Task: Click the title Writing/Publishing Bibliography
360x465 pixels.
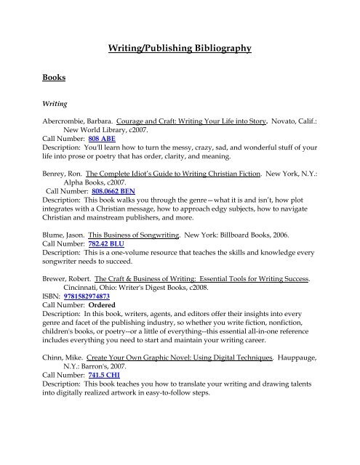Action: point(180,49)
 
